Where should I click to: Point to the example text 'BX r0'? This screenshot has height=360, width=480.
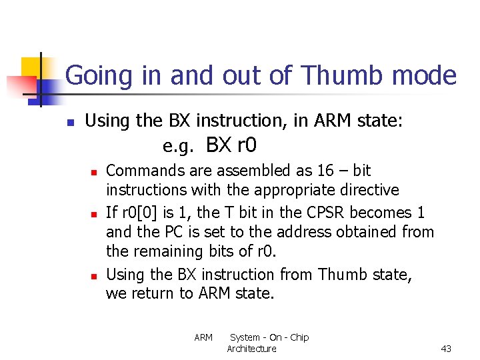(x=232, y=145)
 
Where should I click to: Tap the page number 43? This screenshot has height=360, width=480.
(x=446, y=349)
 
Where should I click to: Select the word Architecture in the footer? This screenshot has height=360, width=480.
(x=251, y=349)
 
